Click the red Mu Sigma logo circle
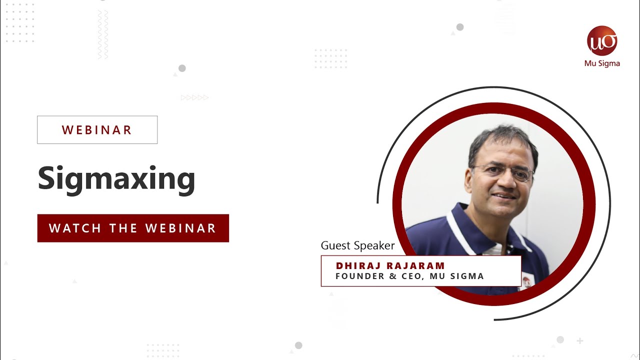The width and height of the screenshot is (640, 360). [602, 41]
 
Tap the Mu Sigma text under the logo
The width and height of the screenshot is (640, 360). [602, 63]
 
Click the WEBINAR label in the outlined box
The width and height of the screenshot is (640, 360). [97, 130]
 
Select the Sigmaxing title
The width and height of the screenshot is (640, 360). [116, 178]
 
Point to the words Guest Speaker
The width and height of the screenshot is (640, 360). [357, 245]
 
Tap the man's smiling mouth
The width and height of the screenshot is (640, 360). [504, 195]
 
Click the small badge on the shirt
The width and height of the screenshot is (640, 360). [526, 280]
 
